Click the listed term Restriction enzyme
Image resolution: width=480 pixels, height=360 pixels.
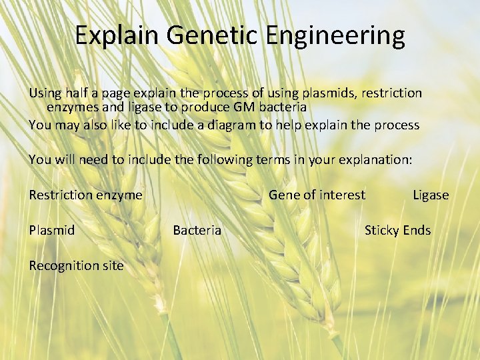(x=85, y=195)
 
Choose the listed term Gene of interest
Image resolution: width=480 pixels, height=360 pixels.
(x=317, y=195)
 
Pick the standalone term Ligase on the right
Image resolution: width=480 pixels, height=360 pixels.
(x=431, y=195)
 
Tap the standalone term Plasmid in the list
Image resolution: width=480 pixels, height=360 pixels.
(x=51, y=230)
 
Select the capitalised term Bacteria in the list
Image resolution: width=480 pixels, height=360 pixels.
(x=197, y=230)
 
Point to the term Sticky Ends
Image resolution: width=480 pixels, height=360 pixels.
(x=397, y=230)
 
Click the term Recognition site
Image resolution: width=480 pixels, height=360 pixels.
(x=76, y=265)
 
